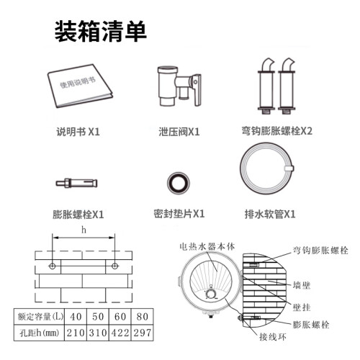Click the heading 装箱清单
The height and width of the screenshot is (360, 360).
point(101,32)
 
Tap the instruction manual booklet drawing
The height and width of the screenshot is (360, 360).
point(80,86)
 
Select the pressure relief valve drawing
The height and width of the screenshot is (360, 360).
point(179,86)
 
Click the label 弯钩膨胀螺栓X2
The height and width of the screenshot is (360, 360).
point(276,131)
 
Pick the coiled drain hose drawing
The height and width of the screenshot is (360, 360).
point(241,168)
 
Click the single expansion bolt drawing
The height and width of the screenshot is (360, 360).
point(76,184)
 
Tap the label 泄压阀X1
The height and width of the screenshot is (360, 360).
point(179,132)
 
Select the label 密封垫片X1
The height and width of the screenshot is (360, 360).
point(179,214)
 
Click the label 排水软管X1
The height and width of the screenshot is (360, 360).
point(270,214)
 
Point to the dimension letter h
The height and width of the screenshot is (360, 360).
point(84,230)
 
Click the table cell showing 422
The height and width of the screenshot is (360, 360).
point(120,333)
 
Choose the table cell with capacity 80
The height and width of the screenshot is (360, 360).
point(143,317)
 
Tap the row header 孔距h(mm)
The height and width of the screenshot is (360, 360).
point(40,333)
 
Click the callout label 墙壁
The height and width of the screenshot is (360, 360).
point(302,285)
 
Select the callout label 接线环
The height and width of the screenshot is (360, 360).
point(273,337)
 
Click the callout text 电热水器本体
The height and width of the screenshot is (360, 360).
point(207,246)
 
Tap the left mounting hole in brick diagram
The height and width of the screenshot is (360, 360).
point(53,266)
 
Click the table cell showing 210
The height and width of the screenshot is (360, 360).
point(76,333)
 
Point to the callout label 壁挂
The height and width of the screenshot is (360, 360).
point(302,307)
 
